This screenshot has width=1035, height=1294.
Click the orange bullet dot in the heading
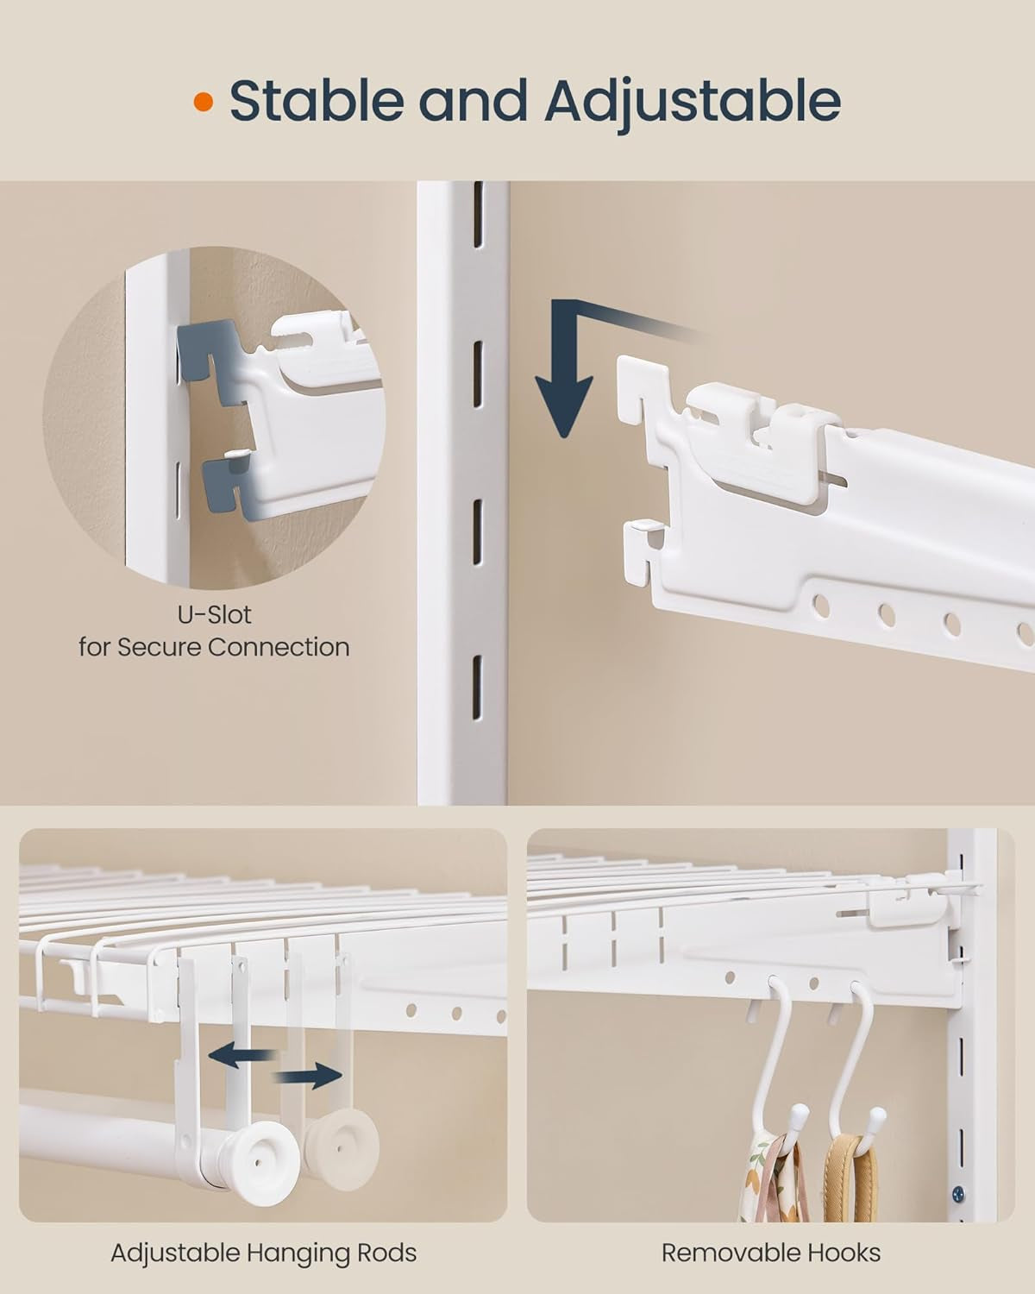(204, 102)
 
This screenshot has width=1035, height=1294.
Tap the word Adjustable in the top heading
(693, 102)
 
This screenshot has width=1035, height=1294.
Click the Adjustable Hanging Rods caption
(263, 1253)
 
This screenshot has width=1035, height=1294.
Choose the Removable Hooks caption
(771, 1253)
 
